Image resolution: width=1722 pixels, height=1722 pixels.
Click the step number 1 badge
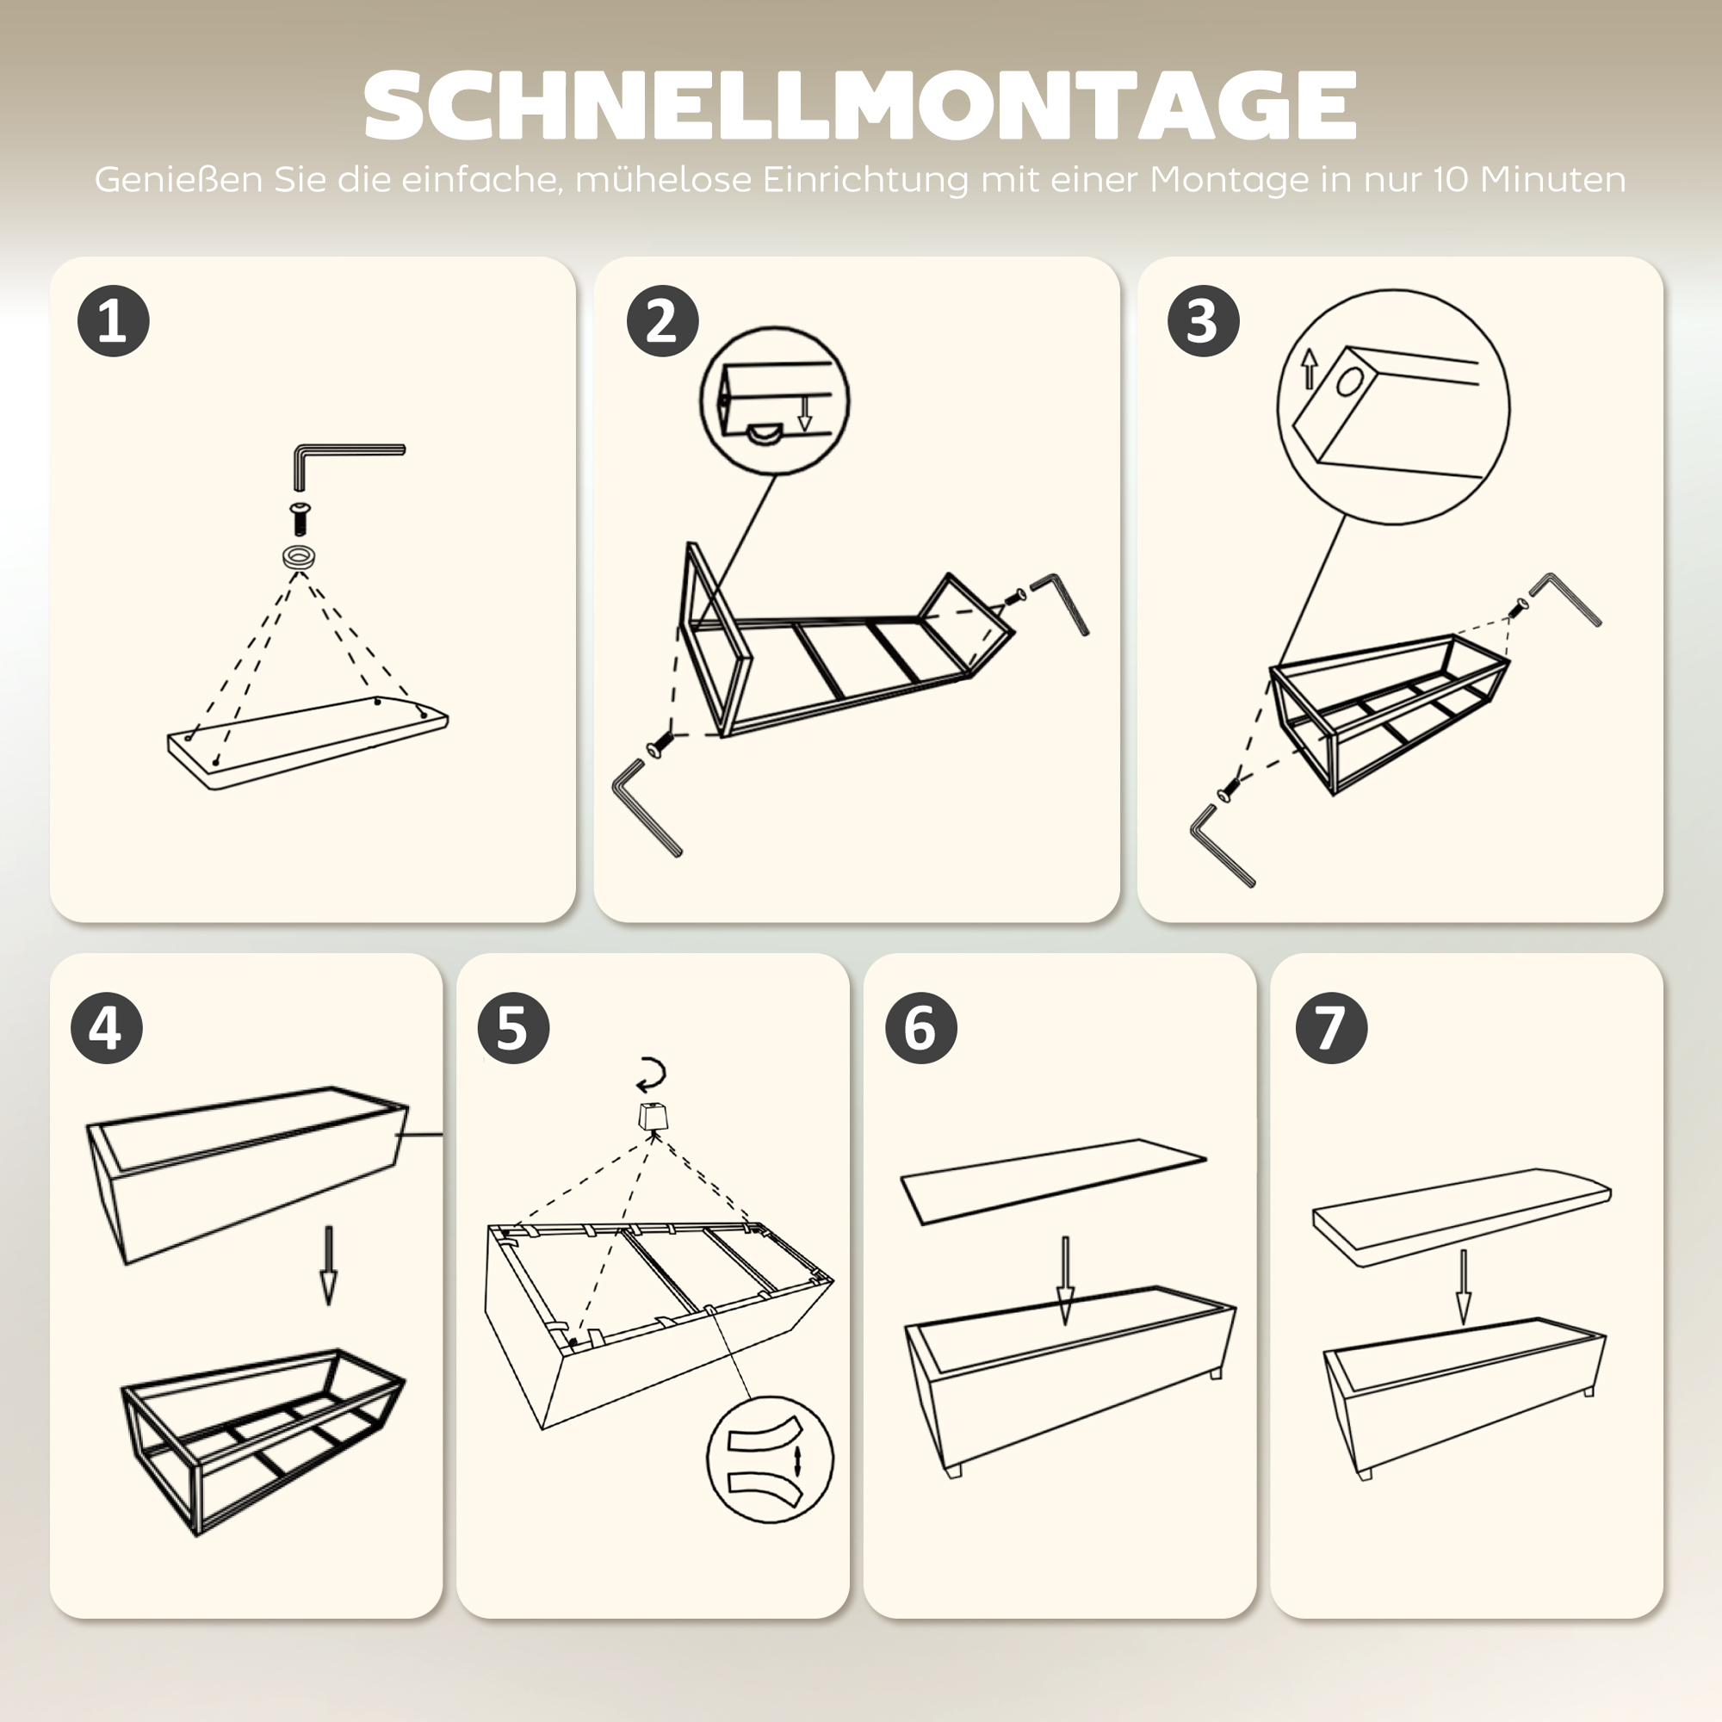tap(113, 321)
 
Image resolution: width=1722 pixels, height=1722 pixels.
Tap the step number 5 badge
tap(513, 1028)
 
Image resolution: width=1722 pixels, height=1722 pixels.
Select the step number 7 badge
tap(1331, 1028)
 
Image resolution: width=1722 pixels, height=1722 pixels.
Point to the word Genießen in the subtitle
tap(178, 180)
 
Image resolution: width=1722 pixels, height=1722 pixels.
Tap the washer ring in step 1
tap(300, 558)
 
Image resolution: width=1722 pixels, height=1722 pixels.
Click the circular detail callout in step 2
tap(774, 400)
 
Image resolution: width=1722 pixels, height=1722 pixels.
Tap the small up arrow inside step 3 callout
tap(1309, 368)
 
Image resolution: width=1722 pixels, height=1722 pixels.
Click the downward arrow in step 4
tap(329, 1266)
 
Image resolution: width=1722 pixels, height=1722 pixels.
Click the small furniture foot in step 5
tap(653, 1117)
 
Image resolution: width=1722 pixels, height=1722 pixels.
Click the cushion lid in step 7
tap(1462, 1215)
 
